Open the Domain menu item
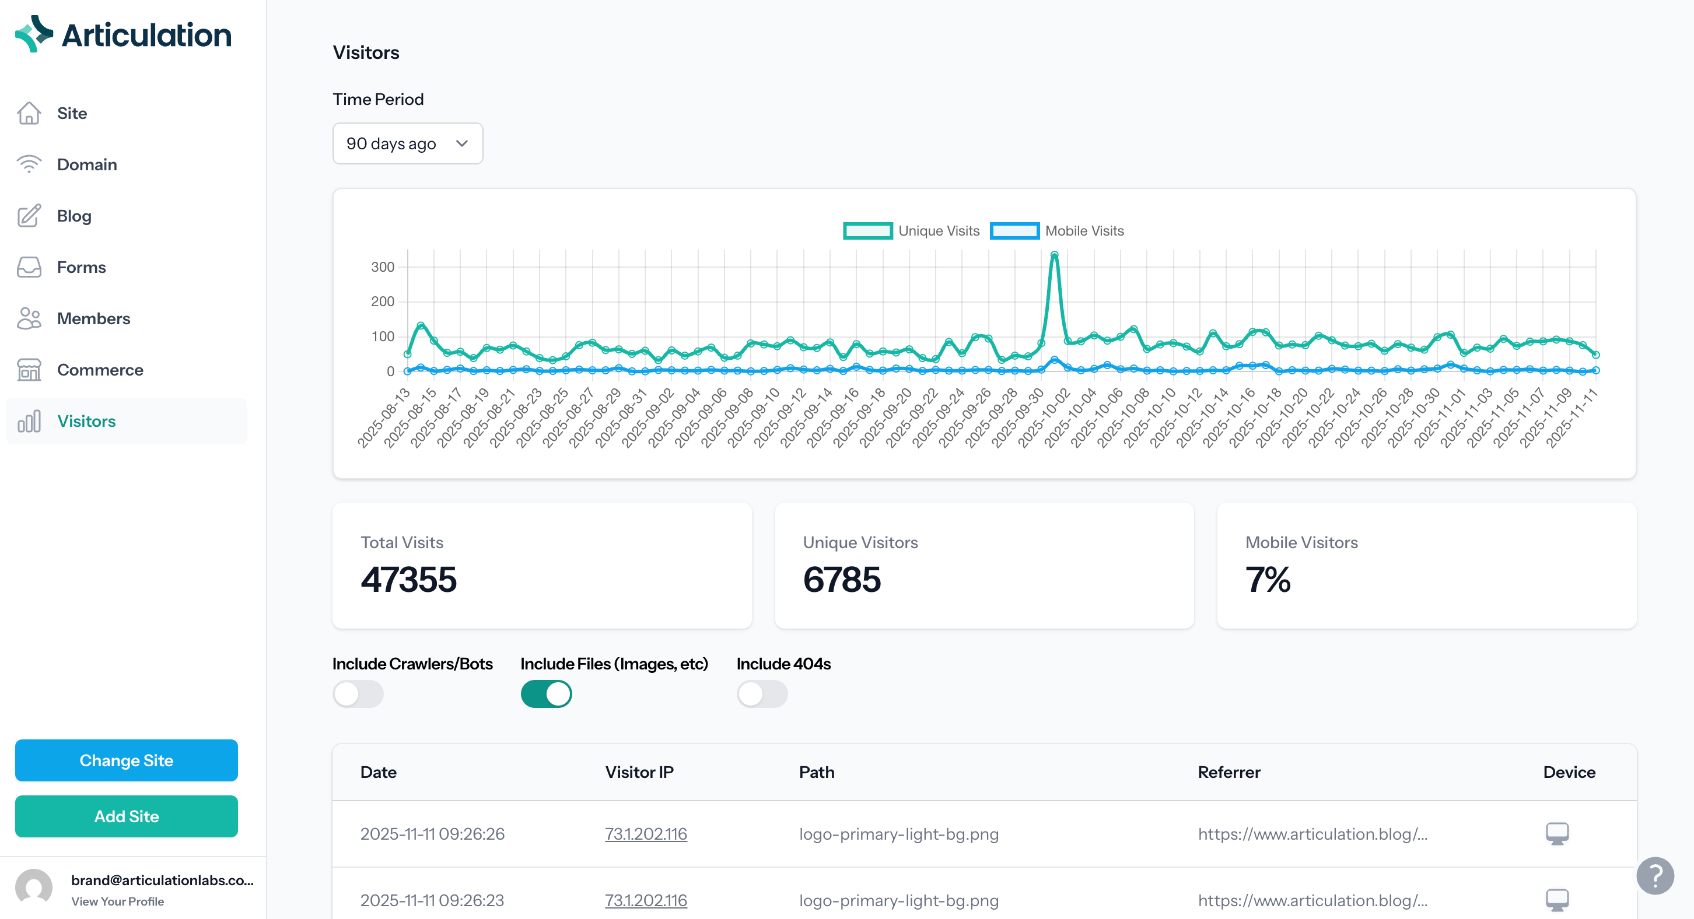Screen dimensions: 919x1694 tap(86, 164)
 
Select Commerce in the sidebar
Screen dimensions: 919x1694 tap(99, 370)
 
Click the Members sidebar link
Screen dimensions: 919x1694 tap(93, 318)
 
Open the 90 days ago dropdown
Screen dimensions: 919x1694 tap(407, 143)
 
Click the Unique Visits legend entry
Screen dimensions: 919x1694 tap(911, 231)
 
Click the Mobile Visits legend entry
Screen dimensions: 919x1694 tap(1057, 231)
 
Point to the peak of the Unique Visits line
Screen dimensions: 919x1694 tap(1054, 254)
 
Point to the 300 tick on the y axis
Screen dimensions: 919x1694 tap(382, 267)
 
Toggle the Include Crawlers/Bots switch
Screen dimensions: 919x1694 tap(358, 694)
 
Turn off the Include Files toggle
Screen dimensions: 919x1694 tap(546, 694)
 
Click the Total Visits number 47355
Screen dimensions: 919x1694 tap(408, 580)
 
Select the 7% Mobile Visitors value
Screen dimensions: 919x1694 tap(1267, 580)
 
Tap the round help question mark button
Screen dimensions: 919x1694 tap(1654, 876)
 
